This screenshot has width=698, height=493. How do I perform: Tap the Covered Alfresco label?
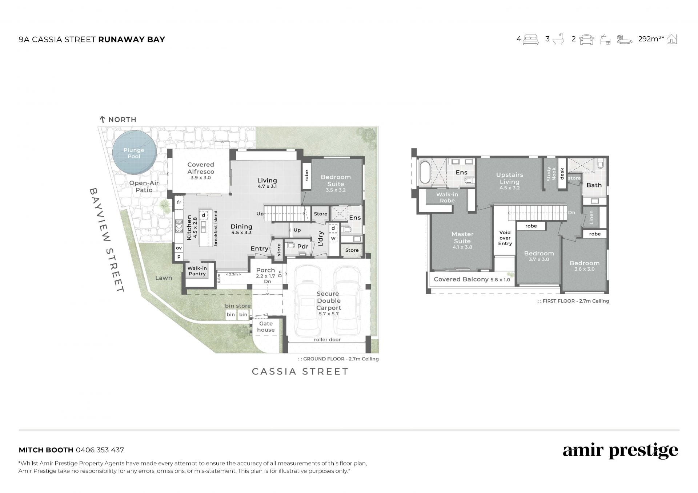(x=201, y=168)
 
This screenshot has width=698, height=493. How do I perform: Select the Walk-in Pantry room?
(x=197, y=271)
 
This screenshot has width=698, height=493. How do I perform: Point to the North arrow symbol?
(x=103, y=120)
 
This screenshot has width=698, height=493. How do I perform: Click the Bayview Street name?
(x=108, y=240)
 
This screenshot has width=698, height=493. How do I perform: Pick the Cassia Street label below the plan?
(x=300, y=372)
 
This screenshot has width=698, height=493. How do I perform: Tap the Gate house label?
(x=266, y=327)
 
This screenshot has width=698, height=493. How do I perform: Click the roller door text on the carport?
(x=327, y=340)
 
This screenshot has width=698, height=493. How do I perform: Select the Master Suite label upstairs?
(x=462, y=238)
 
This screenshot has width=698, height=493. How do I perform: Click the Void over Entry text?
(x=505, y=238)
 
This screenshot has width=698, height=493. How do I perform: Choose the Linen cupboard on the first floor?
(x=591, y=217)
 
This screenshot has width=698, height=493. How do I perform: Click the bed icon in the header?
(x=530, y=39)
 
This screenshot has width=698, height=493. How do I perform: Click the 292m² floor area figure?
(x=651, y=39)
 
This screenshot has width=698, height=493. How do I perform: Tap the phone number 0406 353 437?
(x=100, y=450)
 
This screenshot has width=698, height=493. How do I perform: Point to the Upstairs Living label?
(x=509, y=178)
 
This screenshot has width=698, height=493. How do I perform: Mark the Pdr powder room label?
(x=302, y=247)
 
